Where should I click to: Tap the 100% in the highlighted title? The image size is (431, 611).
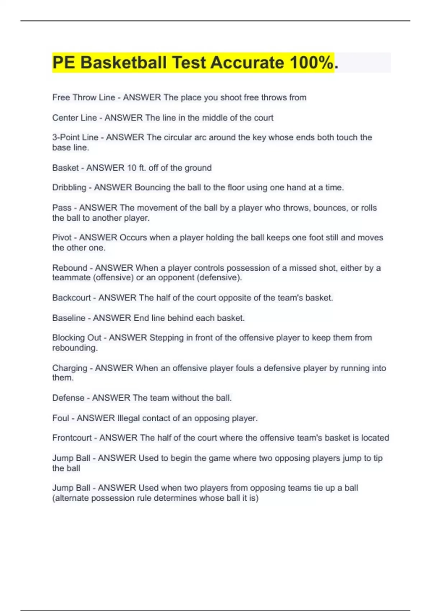coord(311,63)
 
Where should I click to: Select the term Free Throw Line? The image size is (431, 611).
coord(84,97)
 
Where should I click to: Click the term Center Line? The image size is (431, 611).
coord(75,118)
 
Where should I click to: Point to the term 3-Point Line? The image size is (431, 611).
coord(75,137)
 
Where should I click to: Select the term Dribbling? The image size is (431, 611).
coord(69,187)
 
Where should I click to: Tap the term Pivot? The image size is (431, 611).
coord(62,238)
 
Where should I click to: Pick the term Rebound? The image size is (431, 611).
coord(70,268)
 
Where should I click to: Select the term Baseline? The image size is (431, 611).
coord(69,318)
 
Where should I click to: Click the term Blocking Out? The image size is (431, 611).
coord(77,337)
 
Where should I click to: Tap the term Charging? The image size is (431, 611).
coord(70,368)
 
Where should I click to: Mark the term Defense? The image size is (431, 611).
coord(68,398)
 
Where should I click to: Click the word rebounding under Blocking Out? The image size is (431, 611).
coord(75,348)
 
